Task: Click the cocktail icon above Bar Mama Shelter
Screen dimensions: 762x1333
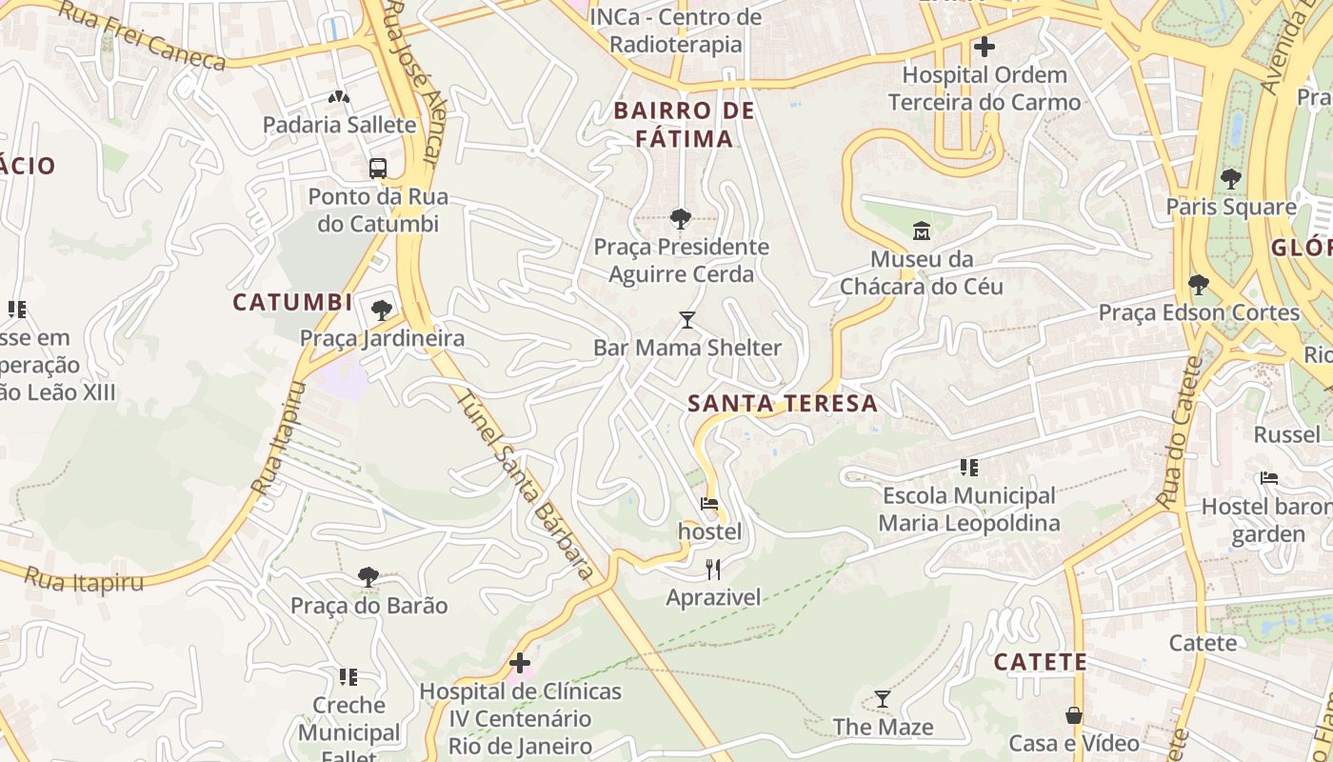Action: (687, 319)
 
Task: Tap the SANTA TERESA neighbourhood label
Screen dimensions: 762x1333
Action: (783, 403)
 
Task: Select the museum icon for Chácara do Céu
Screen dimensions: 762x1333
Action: (921, 231)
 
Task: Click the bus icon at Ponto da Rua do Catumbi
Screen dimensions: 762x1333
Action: (378, 169)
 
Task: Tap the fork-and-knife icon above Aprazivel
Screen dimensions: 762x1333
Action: (713, 570)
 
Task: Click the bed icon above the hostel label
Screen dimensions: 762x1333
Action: (709, 504)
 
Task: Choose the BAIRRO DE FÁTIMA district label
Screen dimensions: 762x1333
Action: (685, 125)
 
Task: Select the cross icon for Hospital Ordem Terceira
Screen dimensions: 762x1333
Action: (985, 46)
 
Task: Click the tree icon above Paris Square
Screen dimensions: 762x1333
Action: (1231, 178)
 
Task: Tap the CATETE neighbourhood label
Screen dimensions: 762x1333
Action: (1040, 662)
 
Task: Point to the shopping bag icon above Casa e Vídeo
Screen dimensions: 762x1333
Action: (1074, 714)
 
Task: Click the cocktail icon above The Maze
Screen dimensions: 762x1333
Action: (883, 699)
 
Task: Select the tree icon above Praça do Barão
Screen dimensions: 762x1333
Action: (368, 577)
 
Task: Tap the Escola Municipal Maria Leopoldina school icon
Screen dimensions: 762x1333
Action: (969, 468)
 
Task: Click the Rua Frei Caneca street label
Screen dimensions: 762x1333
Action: (143, 36)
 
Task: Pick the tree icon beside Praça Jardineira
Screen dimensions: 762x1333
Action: (382, 310)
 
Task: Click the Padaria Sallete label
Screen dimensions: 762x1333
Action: (340, 125)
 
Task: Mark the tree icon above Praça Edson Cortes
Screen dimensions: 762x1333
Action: (1199, 284)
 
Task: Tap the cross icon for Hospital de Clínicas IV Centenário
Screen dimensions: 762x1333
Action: (520, 663)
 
